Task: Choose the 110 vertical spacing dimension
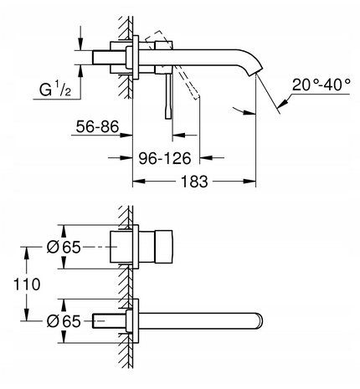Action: point(28,284)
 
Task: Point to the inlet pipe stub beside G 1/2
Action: point(107,57)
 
